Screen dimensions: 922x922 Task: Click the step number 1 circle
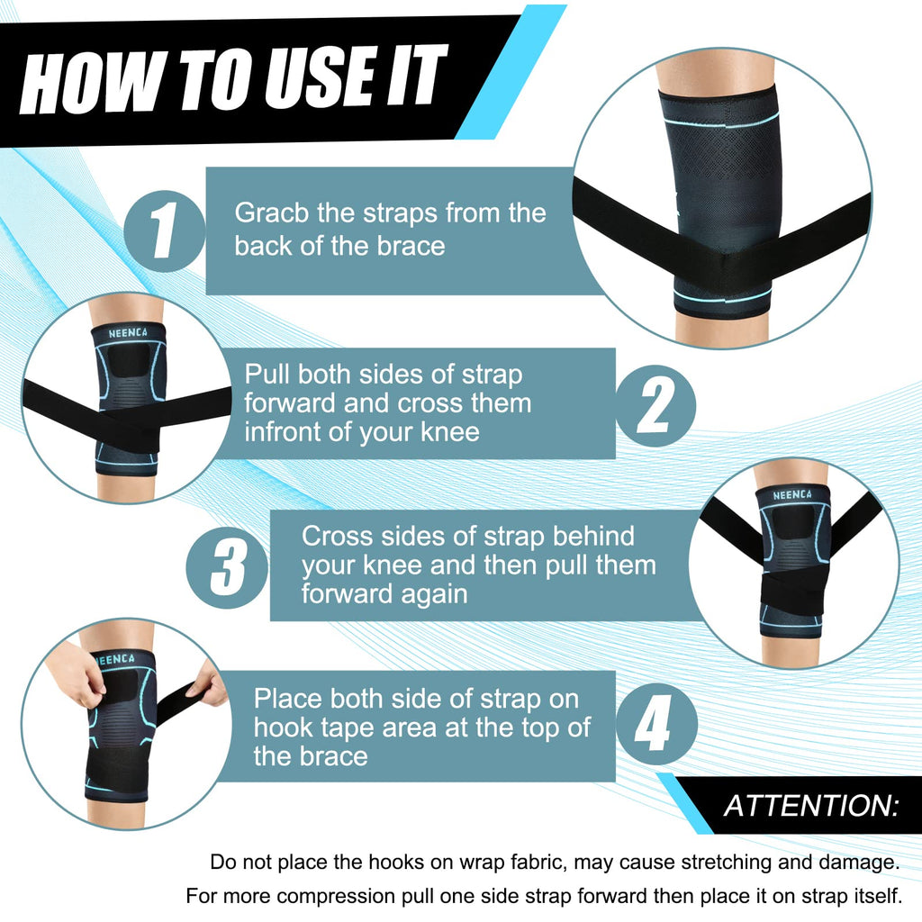click(x=165, y=231)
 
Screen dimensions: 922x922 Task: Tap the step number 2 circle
click(x=655, y=406)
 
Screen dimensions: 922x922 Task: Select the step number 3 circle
click(x=227, y=565)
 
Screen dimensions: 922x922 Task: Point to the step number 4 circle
click(x=655, y=725)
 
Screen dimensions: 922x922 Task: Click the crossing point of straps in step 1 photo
click(x=720, y=257)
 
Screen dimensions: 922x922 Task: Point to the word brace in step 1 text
click(x=410, y=245)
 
